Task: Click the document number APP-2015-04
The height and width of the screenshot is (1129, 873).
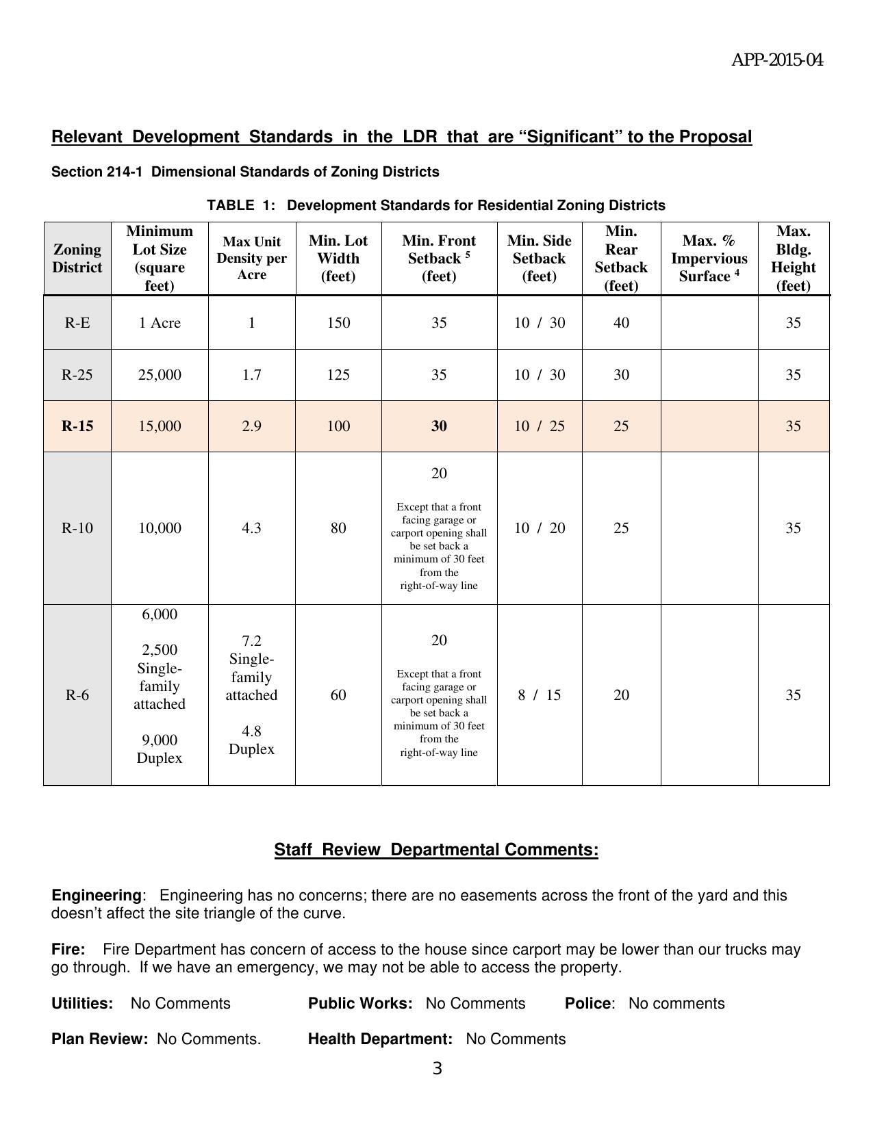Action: (x=777, y=61)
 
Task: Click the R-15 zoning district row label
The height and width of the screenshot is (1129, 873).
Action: (x=77, y=426)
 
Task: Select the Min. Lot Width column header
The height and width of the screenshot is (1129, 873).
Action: (x=338, y=259)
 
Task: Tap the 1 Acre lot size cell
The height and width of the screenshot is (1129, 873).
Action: (x=160, y=323)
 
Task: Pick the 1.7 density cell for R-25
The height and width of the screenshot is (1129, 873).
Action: (x=251, y=375)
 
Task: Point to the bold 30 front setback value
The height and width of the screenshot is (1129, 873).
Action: (x=439, y=426)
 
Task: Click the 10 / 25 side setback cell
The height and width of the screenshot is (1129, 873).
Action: (x=540, y=426)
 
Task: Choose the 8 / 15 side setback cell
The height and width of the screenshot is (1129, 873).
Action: (x=540, y=695)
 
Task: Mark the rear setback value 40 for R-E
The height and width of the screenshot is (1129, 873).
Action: (x=621, y=323)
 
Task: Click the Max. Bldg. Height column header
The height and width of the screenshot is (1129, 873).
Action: (x=793, y=259)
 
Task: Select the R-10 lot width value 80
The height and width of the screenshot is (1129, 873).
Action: (x=338, y=528)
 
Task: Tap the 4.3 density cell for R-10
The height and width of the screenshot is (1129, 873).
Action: (x=251, y=528)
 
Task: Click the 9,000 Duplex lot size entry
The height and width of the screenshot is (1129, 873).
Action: (x=160, y=749)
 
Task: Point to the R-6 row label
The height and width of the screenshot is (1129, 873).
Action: (x=77, y=695)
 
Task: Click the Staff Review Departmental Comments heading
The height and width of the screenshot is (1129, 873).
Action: (x=436, y=850)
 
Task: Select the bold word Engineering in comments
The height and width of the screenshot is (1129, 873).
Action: (x=96, y=896)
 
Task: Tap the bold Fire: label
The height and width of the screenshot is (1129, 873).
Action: (x=68, y=950)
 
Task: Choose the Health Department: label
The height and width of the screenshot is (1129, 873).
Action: (x=380, y=1039)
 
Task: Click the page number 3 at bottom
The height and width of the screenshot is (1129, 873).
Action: (x=438, y=1069)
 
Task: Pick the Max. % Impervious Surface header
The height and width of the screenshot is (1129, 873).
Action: (x=709, y=259)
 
